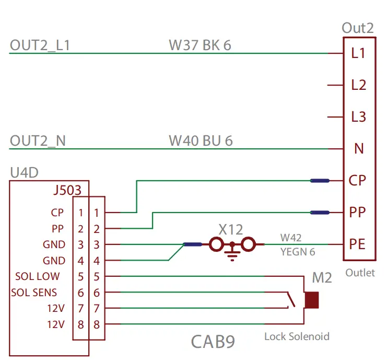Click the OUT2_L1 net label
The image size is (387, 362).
click(40, 45)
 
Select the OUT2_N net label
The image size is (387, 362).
click(38, 141)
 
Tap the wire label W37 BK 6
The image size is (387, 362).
click(200, 45)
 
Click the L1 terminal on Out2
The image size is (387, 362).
click(358, 53)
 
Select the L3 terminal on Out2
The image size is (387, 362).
click(359, 117)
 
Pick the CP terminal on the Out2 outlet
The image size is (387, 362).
click(358, 181)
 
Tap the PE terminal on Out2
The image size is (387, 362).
click(358, 244)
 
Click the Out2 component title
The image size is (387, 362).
click(358, 28)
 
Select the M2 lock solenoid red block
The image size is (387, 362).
click(312, 300)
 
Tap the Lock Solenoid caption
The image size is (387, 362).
click(297, 336)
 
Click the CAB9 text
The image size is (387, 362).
click(213, 342)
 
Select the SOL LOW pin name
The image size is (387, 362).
click(37, 276)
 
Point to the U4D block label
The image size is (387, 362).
click(24, 172)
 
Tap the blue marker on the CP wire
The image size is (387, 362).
click(320, 181)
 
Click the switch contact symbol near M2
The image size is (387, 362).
click(291, 300)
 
